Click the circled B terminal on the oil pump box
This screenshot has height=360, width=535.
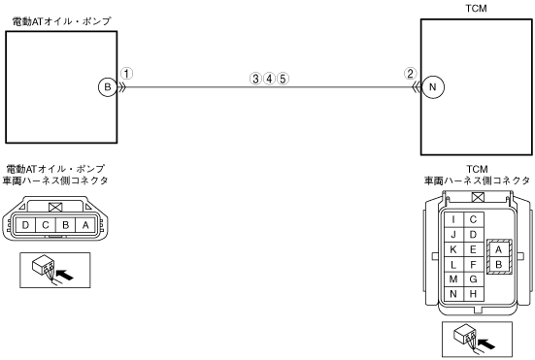(108, 87)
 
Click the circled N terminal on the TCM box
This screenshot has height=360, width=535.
(433, 87)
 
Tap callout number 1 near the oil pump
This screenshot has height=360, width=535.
(126, 74)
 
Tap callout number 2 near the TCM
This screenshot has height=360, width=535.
(410, 74)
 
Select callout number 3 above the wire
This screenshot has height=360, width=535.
(255, 79)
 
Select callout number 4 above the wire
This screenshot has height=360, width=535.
(269, 79)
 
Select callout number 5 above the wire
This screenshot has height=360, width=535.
(283, 79)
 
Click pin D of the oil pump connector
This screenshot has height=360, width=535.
(25, 225)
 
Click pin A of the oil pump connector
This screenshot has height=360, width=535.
(85, 225)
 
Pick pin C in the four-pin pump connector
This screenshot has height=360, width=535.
(46, 225)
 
